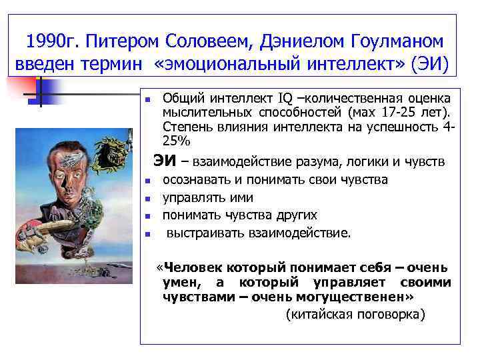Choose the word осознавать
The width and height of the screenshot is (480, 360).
click(x=196, y=180)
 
